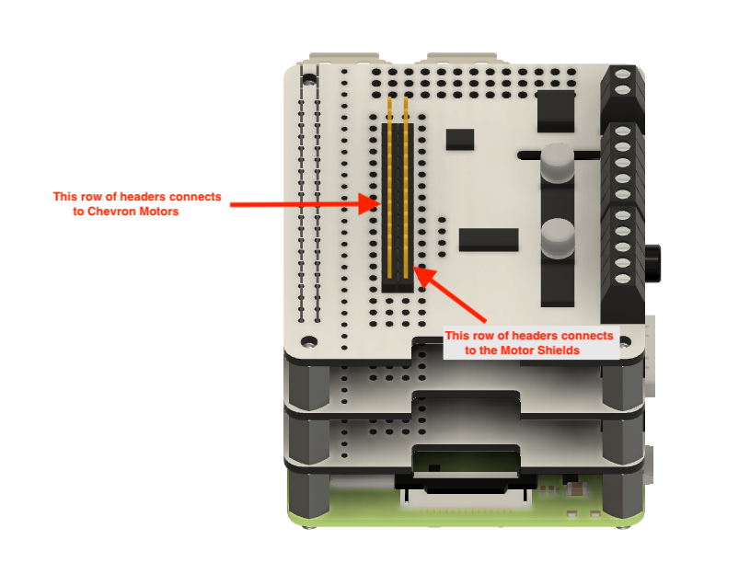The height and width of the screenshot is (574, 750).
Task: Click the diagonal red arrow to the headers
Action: (449, 294)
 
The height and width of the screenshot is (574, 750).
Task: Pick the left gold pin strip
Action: (389, 188)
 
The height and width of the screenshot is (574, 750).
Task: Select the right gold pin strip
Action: (406, 188)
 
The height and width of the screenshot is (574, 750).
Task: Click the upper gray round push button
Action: (558, 163)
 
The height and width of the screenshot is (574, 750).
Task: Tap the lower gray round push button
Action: (558, 239)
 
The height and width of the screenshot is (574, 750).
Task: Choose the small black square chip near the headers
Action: (460, 140)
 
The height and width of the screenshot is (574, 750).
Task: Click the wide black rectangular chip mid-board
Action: (489, 239)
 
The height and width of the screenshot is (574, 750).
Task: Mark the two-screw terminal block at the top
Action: (622, 93)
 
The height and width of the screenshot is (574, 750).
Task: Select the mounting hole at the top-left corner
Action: (309, 78)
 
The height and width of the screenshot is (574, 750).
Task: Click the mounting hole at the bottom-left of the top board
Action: (308, 341)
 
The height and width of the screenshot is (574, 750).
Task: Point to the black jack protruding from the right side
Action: (652, 263)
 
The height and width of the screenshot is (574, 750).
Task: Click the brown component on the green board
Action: (579, 488)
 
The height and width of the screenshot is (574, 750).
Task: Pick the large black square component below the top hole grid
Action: (555, 111)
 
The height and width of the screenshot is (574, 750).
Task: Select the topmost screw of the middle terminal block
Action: (622, 131)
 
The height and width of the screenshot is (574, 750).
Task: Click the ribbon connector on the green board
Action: (466, 499)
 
